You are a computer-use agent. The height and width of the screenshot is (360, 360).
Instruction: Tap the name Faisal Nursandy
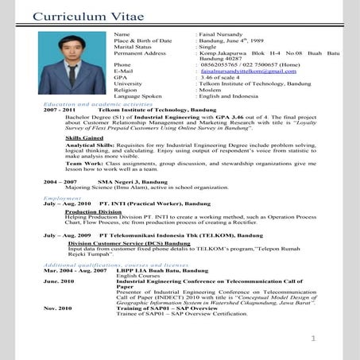220,36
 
